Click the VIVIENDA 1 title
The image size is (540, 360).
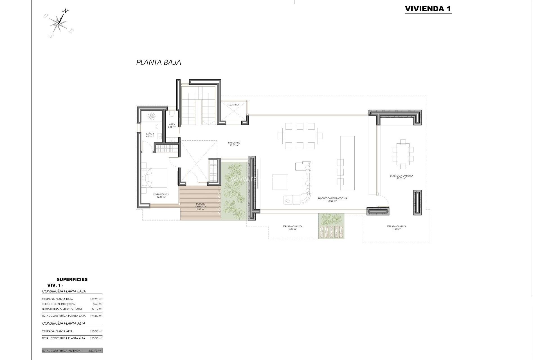point(428,9)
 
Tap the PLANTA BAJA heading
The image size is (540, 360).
point(159,62)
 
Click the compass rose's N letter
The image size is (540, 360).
point(65,11)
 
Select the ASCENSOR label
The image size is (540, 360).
point(234,105)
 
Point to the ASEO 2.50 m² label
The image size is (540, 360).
point(172,126)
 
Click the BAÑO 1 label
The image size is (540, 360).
point(150,135)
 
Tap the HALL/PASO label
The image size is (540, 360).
point(234,144)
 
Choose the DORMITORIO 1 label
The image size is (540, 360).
point(161,195)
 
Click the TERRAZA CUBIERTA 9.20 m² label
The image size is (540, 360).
point(292,228)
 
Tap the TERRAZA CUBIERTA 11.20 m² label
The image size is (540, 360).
point(396,228)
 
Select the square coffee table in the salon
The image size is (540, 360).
point(280,182)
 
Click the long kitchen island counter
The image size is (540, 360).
point(347,163)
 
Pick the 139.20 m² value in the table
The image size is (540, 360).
point(97,299)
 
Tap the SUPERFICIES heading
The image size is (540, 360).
point(72,279)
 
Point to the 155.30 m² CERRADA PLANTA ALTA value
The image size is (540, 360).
point(97,331)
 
